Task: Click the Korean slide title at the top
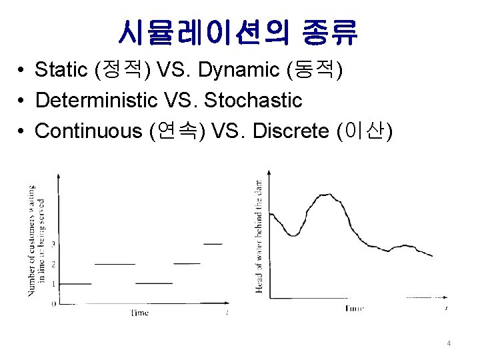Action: point(239,31)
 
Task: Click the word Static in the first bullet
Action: point(63,69)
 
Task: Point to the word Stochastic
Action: point(253,101)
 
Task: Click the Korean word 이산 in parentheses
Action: point(364,131)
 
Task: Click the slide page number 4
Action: point(449,343)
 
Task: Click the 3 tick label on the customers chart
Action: point(53,244)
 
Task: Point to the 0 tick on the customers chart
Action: point(53,304)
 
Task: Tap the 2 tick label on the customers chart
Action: point(53,264)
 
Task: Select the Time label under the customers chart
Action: point(139,313)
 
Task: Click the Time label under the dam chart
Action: point(355,308)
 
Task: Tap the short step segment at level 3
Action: point(213,244)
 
